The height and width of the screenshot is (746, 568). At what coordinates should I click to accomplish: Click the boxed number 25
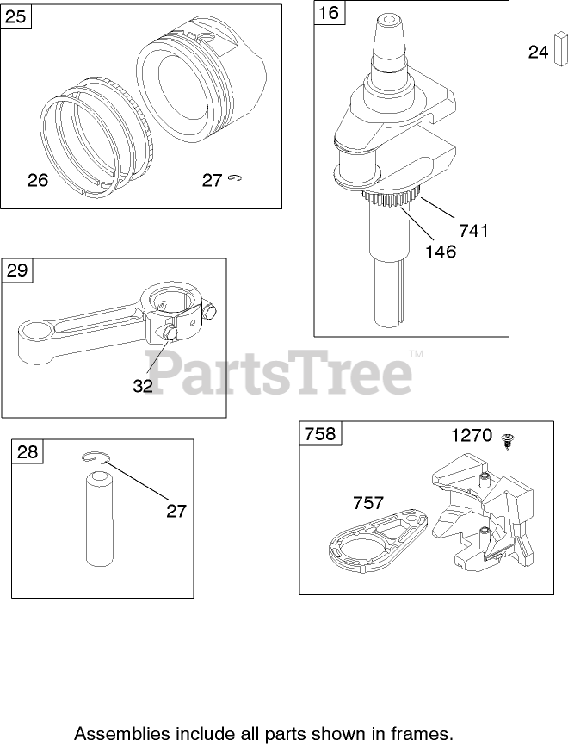point(16,16)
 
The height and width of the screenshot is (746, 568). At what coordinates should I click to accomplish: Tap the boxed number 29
point(17,270)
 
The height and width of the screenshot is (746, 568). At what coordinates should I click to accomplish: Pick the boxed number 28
point(28,451)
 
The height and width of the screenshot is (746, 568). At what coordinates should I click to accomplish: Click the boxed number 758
point(319,433)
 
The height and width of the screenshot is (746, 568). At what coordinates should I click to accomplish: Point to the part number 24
point(538,53)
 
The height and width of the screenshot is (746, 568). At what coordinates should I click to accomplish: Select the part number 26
point(38,180)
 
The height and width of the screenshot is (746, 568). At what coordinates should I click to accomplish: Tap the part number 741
point(473,230)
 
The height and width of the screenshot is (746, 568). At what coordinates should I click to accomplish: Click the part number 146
point(441,252)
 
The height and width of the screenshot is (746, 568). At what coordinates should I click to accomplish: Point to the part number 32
point(143,386)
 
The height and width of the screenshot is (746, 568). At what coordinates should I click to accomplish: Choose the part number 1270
point(472,435)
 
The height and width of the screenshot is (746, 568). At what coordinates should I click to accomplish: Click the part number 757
point(368,502)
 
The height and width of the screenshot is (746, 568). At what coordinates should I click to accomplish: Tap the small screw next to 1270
point(509,439)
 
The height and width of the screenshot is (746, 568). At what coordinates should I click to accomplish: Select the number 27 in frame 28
point(176,511)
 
